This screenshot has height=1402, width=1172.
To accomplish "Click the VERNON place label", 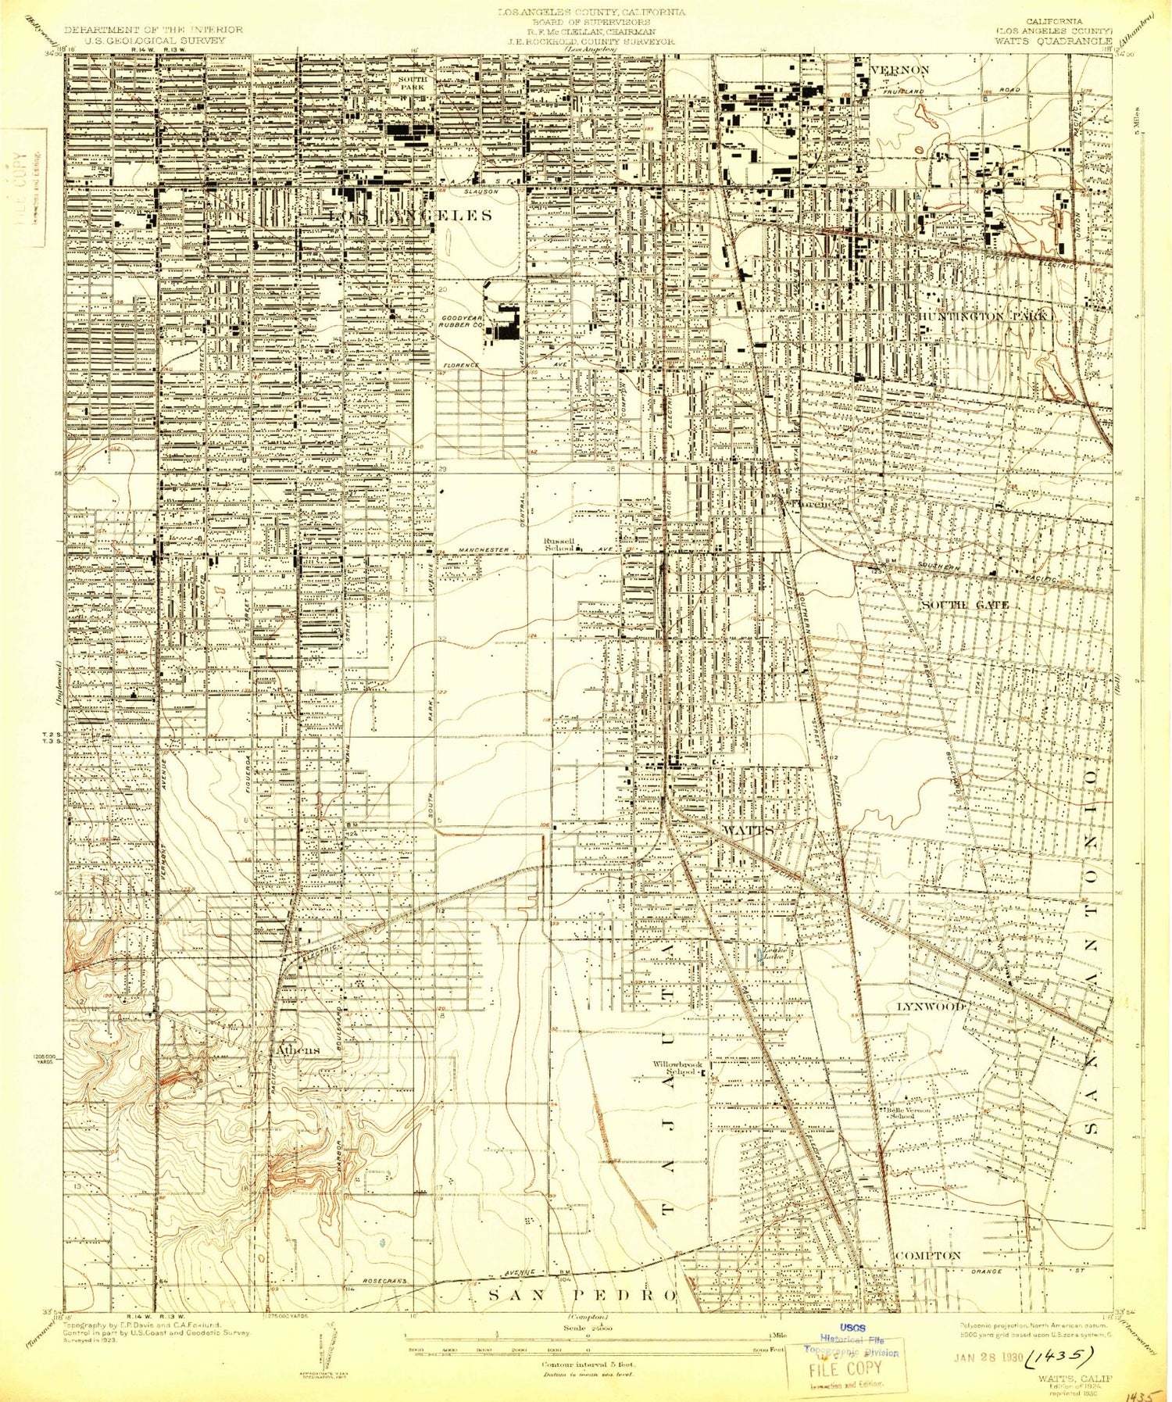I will tap(899, 70).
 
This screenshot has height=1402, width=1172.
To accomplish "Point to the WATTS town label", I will tap(748, 829).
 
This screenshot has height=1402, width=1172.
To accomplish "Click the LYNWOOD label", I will tap(930, 1007).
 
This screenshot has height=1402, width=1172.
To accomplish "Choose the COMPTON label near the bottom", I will tap(927, 1255).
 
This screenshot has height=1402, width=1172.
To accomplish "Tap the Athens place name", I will tap(296, 1050).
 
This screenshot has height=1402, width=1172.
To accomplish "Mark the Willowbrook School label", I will tap(678, 1068).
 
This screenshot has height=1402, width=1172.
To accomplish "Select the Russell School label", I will tap(560, 545).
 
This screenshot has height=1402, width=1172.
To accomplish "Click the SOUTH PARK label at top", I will tap(412, 84).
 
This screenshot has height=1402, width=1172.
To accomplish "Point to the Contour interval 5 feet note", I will tap(588, 1364).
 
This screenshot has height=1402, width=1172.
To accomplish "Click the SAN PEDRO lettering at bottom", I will tap(582, 1295).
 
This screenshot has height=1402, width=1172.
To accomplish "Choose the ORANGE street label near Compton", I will tap(987, 1271).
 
